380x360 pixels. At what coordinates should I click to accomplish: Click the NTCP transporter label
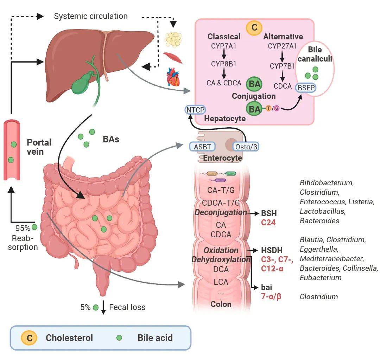[195, 110]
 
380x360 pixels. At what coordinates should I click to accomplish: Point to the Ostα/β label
[246, 146]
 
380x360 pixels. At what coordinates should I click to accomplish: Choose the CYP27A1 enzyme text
[283, 46]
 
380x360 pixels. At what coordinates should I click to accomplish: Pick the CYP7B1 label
[283, 66]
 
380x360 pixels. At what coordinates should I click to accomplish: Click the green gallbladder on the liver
[83, 82]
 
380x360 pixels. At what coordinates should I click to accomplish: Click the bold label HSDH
[272, 251]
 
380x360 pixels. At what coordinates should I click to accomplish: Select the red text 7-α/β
[271, 296]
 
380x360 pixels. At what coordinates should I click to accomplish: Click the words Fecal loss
[127, 307]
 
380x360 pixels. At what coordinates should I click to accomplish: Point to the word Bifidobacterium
[326, 183]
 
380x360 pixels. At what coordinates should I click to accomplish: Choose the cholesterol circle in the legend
[30, 338]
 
